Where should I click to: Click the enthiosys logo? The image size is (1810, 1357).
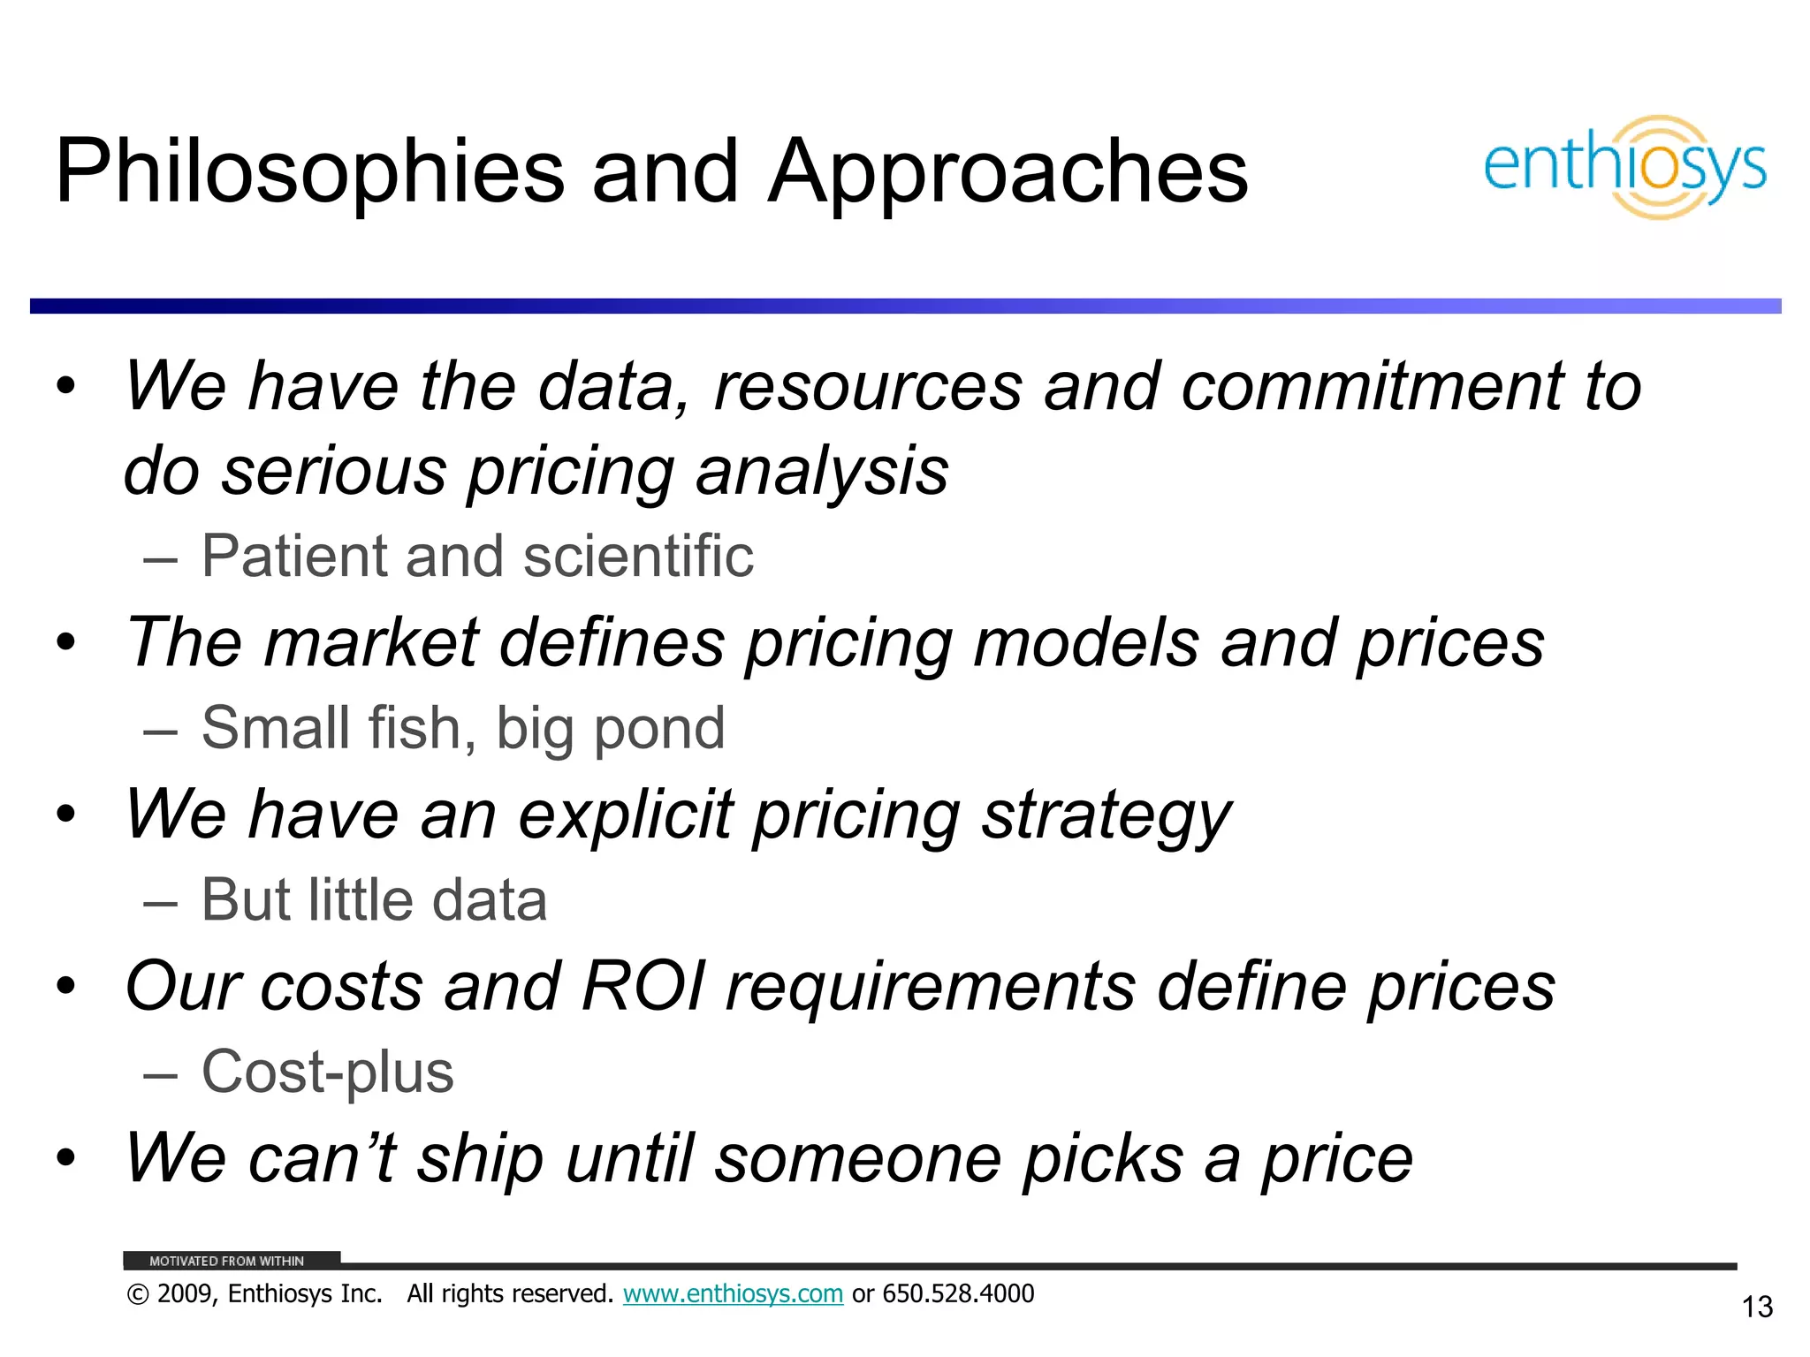click(1624, 167)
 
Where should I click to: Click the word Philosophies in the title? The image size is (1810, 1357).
click(309, 172)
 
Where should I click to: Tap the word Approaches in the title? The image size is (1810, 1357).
click(1008, 172)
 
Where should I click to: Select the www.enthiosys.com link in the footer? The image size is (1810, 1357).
click(733, 1294)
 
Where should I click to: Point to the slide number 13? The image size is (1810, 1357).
click(1757, 1307)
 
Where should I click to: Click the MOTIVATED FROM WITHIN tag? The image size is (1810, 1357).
click(227, 1261)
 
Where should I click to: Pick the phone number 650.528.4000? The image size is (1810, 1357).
click(958, 1294)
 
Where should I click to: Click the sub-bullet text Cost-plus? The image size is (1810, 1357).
click(327, 1072)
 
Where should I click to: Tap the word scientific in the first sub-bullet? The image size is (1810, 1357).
click(638, 557)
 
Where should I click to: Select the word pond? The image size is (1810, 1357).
click(658, 730)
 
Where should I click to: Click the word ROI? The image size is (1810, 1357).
click(644, 986)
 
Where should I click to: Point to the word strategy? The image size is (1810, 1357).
click(1106, 815)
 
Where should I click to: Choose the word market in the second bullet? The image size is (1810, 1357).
click(371, 642)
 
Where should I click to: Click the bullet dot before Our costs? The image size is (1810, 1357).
click(66, 986)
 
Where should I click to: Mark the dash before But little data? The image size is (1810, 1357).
click(160, 901)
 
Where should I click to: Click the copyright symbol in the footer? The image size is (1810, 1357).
click(138, 1295)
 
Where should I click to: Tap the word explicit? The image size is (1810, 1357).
click(626, 815)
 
